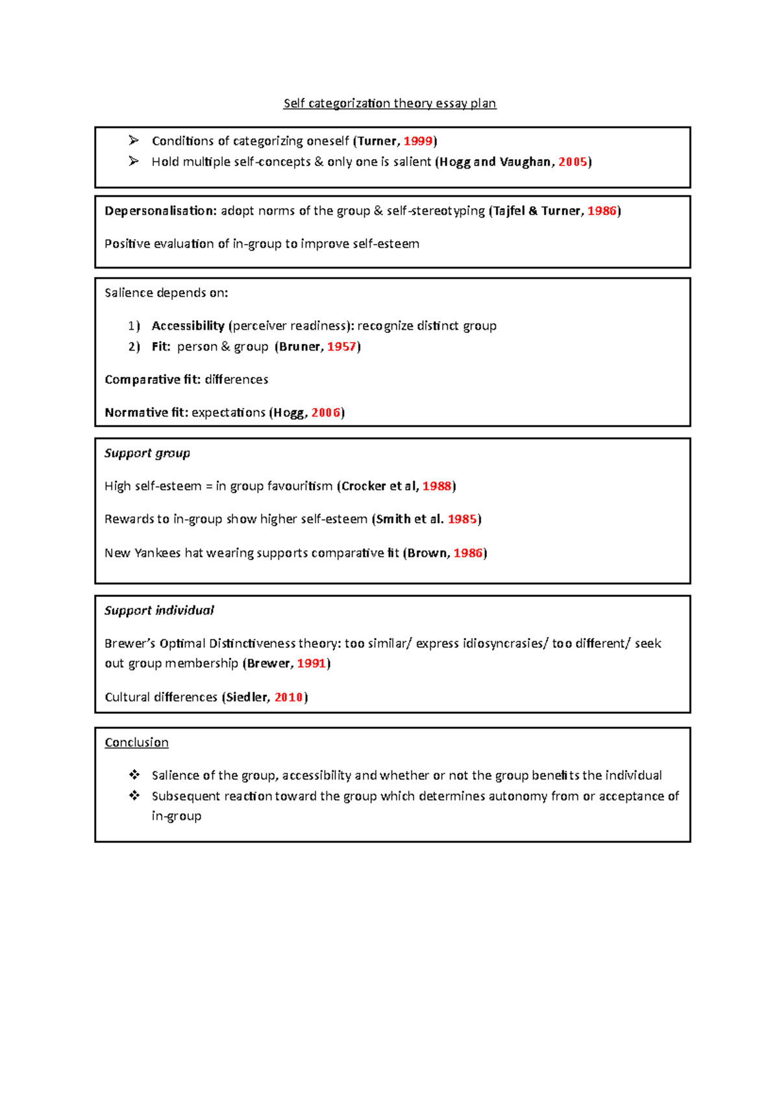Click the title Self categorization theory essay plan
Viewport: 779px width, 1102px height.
(x=389, y=103)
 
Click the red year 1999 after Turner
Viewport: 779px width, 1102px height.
(x=418, y=141)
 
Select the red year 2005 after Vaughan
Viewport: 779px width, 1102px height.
(x=573, y=162)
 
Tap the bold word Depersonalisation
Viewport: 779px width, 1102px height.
(x=160, y=211)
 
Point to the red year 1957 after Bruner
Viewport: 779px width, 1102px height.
(x=341, y=347)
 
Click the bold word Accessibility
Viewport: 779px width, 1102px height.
(x=188, y=326)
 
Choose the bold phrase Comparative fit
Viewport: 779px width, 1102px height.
(x=152, y=380)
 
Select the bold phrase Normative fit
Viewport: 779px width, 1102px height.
(x=146, y=413)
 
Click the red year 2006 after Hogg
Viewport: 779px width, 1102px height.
(x=326, y=413)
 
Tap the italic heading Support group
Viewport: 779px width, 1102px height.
(x=147, y=453)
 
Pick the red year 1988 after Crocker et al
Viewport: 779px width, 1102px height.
(x=437, y=486)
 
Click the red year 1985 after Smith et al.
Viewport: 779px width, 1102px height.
(x=462, y=519)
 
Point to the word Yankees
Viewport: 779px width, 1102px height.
(x=157, y=553)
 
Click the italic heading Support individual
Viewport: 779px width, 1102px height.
(x=159, y=610)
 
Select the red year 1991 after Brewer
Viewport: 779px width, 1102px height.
(x=312, y=663)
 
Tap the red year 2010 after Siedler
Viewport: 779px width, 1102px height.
(x=289, y=697)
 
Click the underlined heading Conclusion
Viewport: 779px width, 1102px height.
(x=136, y=742)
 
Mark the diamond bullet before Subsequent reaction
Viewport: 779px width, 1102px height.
(x=134, y=796)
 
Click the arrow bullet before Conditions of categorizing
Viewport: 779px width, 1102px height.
(x=134, y=140)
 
